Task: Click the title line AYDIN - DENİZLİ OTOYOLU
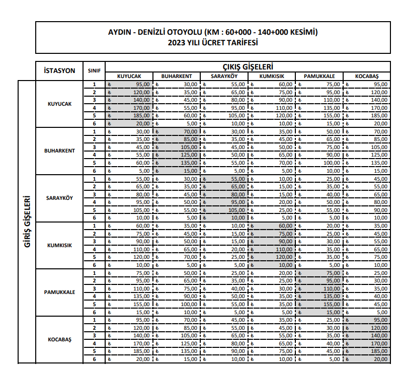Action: click(x=213, y=32)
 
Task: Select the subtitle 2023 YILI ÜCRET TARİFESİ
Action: click(x=213, y=42)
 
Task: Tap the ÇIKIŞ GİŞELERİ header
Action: click(x=248, y=66)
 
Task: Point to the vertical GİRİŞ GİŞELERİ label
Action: click(x=27, y=221)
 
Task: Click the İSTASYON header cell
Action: click(x=60, y=70)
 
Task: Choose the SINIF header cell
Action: click(x=94, y=70)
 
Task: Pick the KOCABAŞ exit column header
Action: click(x=366, y=76)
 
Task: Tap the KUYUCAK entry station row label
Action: click(x=60, y=104)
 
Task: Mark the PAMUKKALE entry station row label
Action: click(x=60, y=292)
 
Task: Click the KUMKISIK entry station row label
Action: click(x=60, y=245)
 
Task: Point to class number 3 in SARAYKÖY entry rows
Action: click(x=94, y=194)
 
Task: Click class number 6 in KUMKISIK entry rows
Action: click(x=94, y=264)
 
